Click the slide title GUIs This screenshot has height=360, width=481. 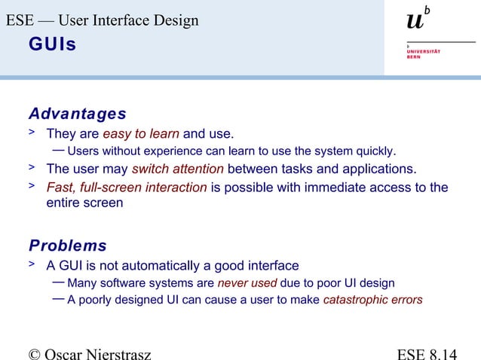coord(52,45)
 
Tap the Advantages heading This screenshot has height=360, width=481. coord(77,114)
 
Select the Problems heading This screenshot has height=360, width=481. coord(67,246)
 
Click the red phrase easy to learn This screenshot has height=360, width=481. coord(141,135)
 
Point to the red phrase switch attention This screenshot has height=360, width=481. coord(177,168)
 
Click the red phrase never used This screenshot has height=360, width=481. coord(247,283)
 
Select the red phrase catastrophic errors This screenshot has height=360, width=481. coord(372,300)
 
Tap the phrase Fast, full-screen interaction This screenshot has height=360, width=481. coord(127,188)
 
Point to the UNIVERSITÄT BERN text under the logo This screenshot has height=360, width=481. coord(423,54)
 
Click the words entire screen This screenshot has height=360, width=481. coord(84,203)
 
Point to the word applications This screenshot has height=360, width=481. coord(375,168)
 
